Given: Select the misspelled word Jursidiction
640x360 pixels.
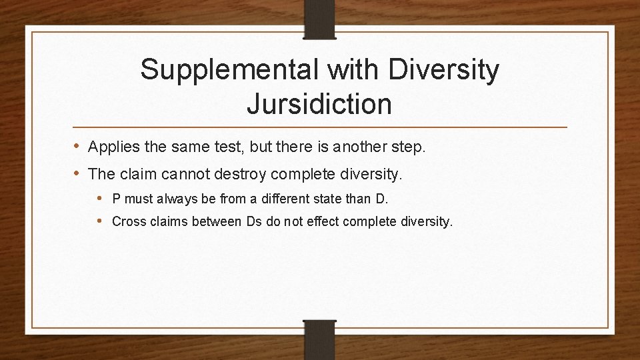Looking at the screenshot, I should click(319, 104).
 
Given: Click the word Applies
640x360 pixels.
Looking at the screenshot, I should click(113, 147).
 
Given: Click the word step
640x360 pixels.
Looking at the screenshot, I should click(408, 147).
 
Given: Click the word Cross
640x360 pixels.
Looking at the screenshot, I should click(128, 221).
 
